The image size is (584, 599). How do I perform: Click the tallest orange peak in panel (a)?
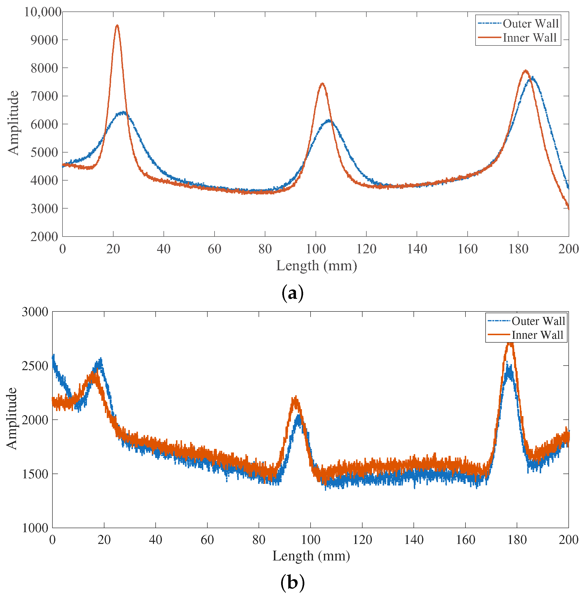pyautogui.click(x=117, y=26)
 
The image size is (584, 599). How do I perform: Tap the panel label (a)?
pyautogui.click(x=292, y=293)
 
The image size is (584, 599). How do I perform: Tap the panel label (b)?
pyautogui.click(x=292, y=583)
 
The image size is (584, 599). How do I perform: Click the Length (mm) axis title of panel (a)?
pyautogui.click(x=317, y=266)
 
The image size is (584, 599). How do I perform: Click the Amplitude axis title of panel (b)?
pyautogui.click(x=12, y=419)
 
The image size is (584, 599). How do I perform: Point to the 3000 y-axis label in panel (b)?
pyautogui.click(x=35, y=312)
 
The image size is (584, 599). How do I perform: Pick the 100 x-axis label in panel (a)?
pyautogui.click(x=316, y=249)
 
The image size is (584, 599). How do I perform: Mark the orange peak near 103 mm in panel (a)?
pyautogui.click(x=322, y=83)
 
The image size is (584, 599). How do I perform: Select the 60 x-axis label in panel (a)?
pyautogui.click(x=214, y=249)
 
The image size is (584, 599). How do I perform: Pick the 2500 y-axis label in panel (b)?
pyautogui.click(x=35, y=366)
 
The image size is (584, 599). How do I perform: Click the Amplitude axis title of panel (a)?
pyautogui.click(x=13, y=123)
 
